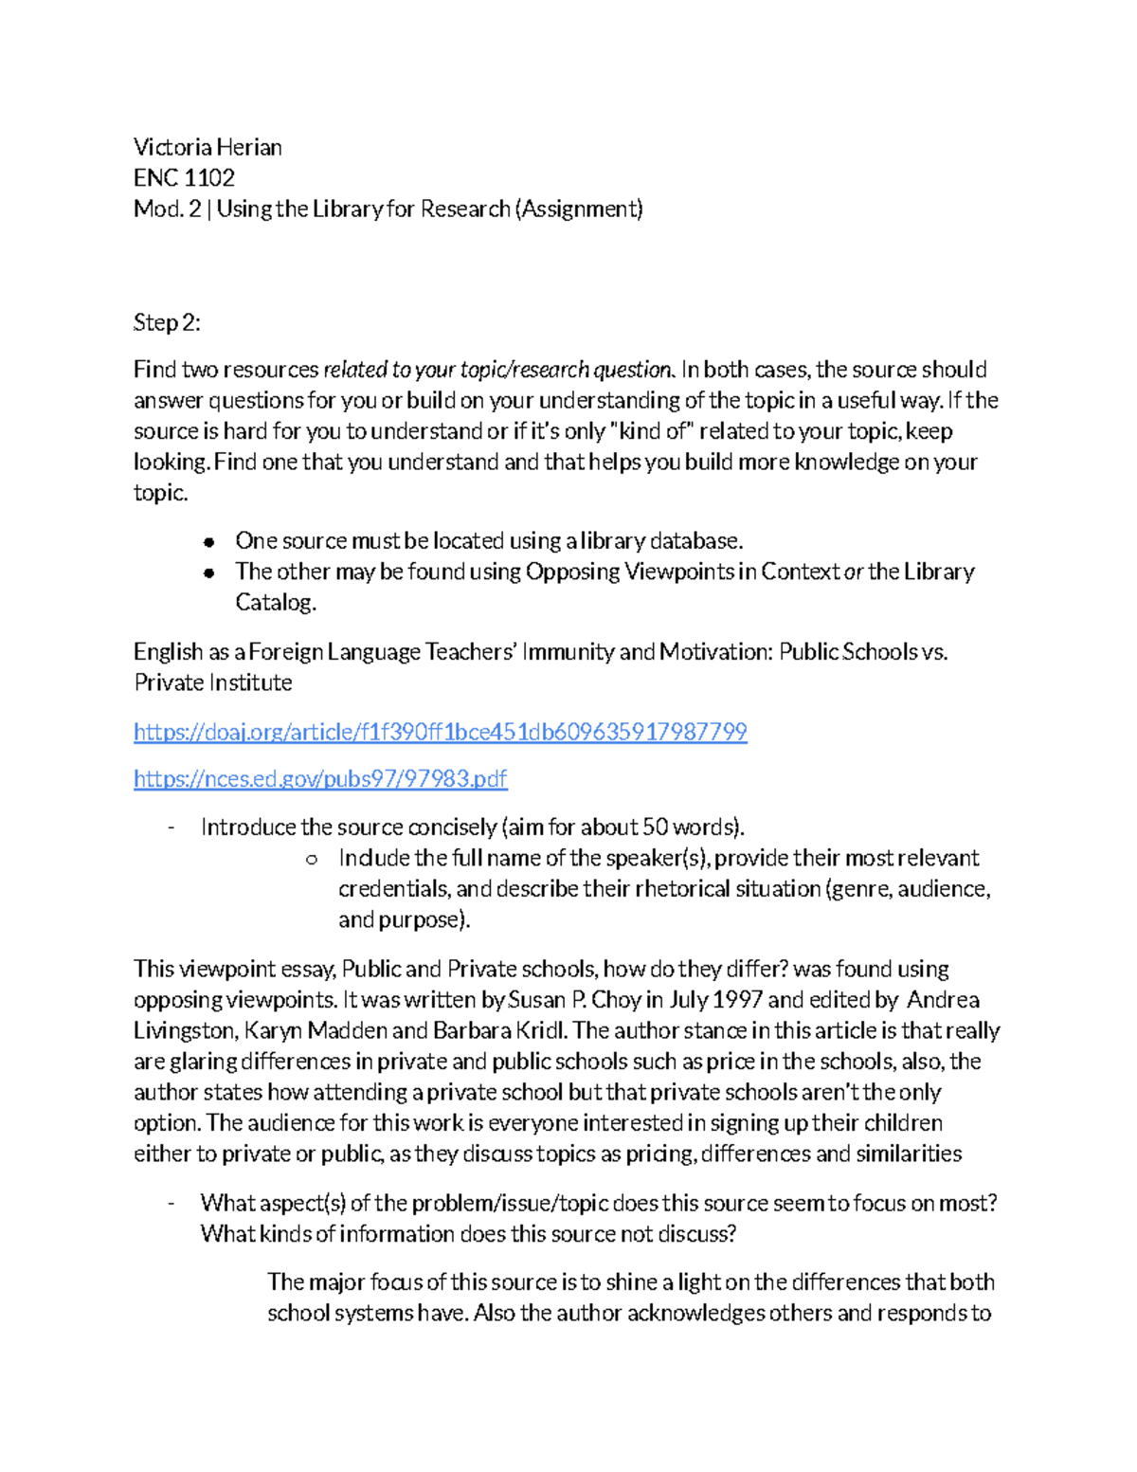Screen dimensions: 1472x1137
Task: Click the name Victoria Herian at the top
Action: pyautogui.click(x=208, y=147)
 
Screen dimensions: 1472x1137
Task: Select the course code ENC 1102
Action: pyautogui.click(x=184, y=178)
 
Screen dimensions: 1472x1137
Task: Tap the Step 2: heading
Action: pyautogui.click(x=167, y=322)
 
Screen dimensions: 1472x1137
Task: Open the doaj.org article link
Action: pyautogui.click(x=440, y=732)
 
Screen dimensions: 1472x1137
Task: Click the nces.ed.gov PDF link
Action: pyautogui.click(x=320, y=779)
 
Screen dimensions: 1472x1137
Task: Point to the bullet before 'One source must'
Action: pyautogui.click(x=209, y=542)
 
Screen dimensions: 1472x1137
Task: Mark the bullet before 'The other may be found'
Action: pyautogui.click(x=209, y=572)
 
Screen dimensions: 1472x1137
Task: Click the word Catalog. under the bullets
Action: pyautogui.click(x=275, y=603)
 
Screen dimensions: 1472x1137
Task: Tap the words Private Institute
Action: pyautogui.click(x=212, y=682)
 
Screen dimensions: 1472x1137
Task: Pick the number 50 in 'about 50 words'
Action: pyautogui.click(x=655, y=827)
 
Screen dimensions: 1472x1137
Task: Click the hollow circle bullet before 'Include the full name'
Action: pyautogui.click(x=311, y=859)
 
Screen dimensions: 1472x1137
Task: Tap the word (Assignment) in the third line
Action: pyautogui.click(x=578, y=209)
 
